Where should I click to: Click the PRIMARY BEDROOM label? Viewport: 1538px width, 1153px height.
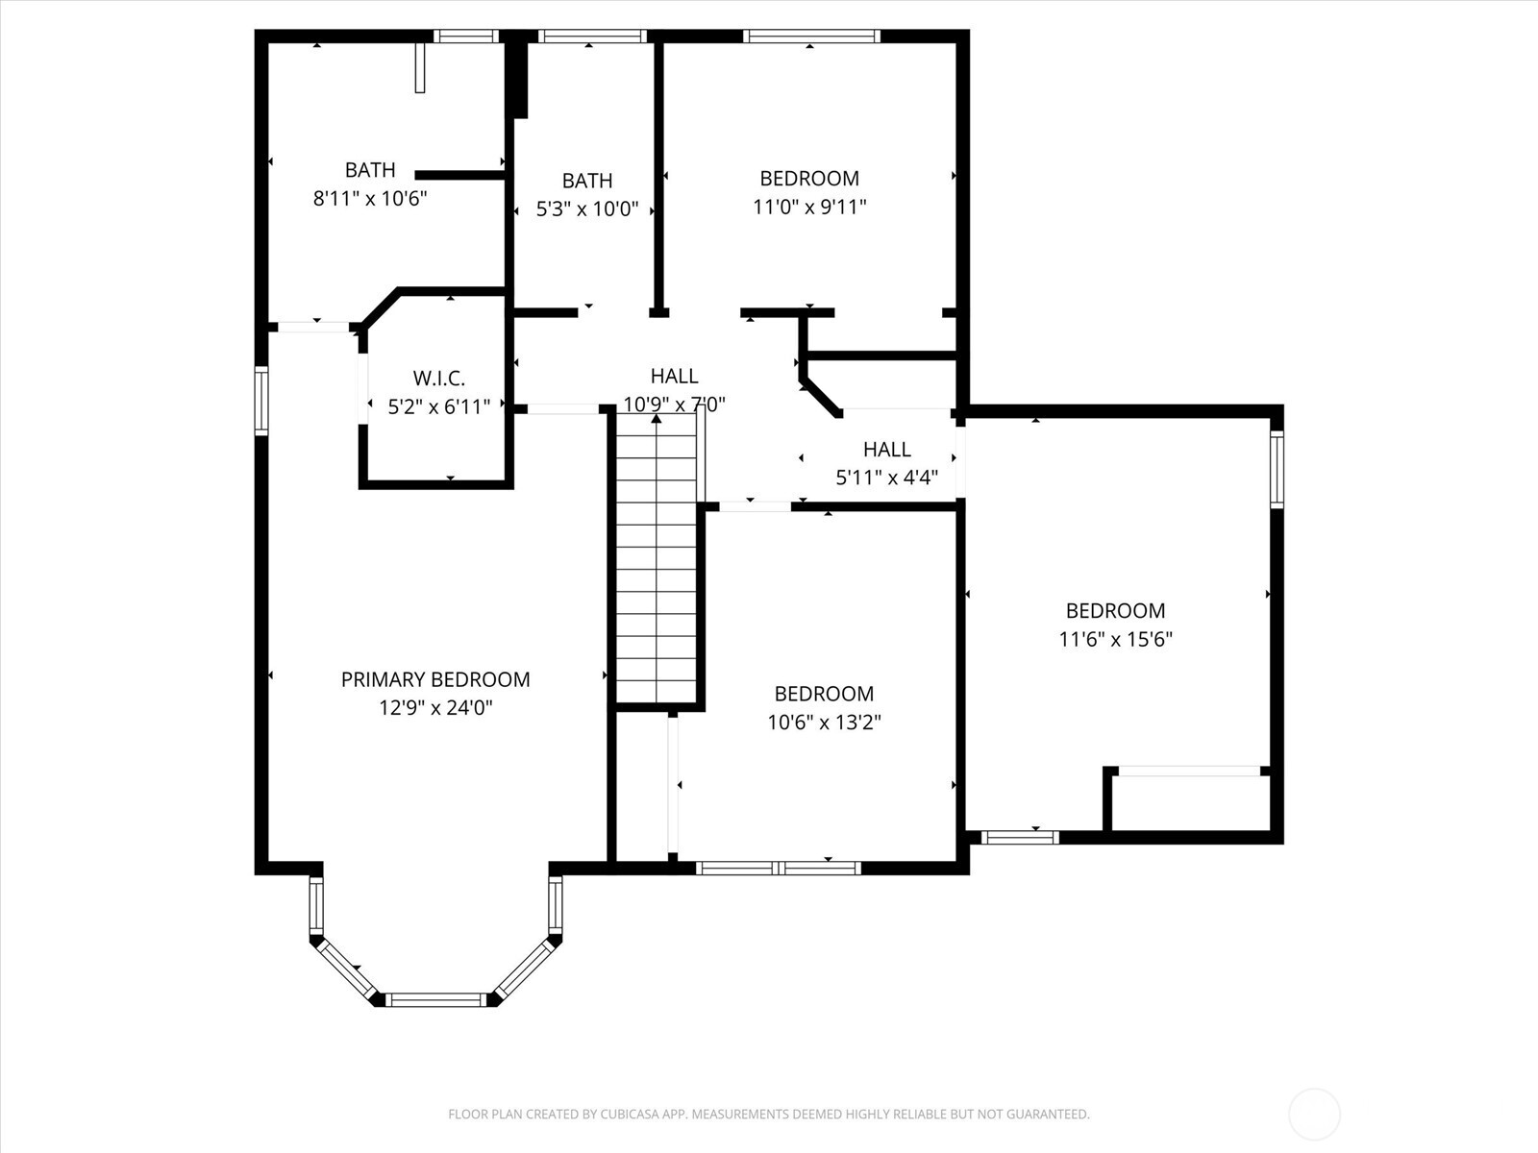tap(435, 679)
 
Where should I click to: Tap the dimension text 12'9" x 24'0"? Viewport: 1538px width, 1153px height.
tap(435, 708)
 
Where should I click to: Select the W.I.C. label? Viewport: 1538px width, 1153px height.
tap(438, 379)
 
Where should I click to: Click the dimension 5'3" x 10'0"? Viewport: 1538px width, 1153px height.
tap(587, 209)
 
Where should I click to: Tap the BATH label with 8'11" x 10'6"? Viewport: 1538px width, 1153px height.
tap(370, 170)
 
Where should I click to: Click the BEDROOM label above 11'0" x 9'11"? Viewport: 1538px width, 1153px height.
tap(809, 178)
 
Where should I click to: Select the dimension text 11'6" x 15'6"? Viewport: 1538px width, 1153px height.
tap(1115, 639)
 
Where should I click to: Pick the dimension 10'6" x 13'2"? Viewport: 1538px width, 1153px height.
tap(824, 722)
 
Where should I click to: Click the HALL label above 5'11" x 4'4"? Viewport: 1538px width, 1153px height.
tap(886, 449)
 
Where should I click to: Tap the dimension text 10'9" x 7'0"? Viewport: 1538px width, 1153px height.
tap(674, 405)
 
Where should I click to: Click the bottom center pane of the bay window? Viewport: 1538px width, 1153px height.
tap(437, 999)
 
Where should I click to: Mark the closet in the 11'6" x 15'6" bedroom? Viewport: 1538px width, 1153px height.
tap(1190, 801)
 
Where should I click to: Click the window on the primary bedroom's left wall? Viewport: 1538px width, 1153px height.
tap(260, 401)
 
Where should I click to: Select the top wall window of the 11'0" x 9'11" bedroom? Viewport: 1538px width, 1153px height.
tap(812, 37)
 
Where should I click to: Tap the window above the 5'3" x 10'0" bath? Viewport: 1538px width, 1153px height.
tap(591, 37)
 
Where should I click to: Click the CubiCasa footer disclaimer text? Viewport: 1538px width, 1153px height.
tap(768, 1115)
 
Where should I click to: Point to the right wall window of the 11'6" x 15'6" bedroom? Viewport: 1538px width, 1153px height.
tap(1277, 469)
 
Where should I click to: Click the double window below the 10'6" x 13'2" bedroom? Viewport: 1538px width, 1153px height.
tap(779, 868)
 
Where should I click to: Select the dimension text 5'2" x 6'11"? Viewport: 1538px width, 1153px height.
tap(438, 407)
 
